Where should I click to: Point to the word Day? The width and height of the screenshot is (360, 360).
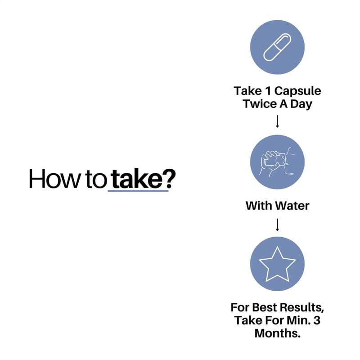pyautogui.click(x=301, y=104)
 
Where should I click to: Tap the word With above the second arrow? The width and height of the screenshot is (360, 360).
pyautogui.click(x=259, y=206)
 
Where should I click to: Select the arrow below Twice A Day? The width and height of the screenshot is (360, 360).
pyautogui.click(x=277, y=121)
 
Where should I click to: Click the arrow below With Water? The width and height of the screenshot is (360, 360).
pyautogui.click(x=277, y=225)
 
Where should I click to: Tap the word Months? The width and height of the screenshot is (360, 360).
pyautogui.click(x=277, y=333)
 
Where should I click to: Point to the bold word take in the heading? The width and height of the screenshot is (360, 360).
pyautogui.click(x=137, y=178)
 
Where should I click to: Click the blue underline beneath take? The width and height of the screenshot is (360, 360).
pyautogui.click(x=138, y=190)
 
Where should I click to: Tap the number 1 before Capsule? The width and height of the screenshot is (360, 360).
pyautogui.click(x=268, y=91)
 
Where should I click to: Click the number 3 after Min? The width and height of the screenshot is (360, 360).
pyautogui.click(x=317, y=320)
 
